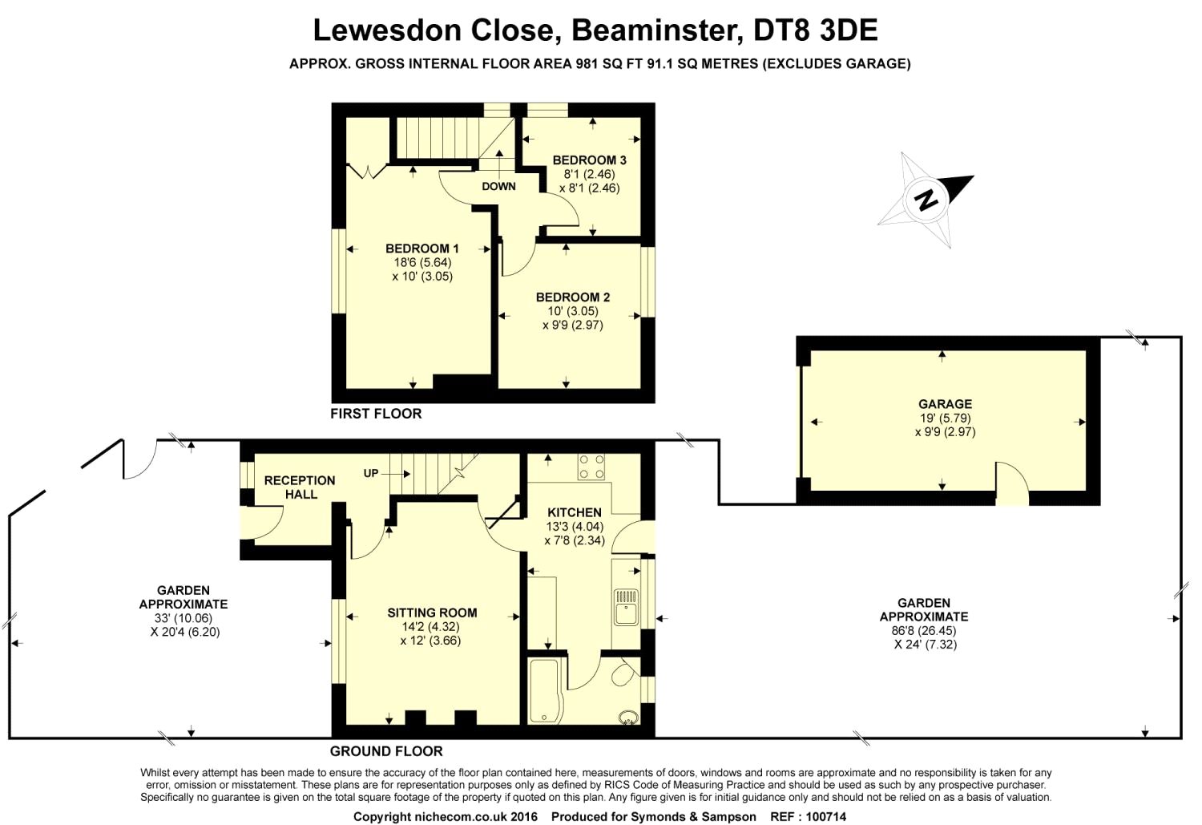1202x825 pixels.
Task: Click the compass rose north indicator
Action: click(926, 198)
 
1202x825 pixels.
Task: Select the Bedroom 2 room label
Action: click(573, 297)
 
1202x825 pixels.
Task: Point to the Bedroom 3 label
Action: click(589, 160)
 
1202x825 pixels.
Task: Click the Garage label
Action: click(945, 404)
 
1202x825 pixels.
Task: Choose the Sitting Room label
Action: click(432, 613)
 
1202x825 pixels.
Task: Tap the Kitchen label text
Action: click(574, 513)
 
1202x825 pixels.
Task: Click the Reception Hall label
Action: click(300, 487)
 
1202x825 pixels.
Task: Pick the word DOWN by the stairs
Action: click(498, 187)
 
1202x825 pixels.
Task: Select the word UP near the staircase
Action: click(371, 473)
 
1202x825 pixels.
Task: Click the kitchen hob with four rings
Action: click(592, 467)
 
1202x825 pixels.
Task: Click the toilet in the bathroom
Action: click(623, 675)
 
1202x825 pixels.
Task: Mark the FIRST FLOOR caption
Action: click(376, 414)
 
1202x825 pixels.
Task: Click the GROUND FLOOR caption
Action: click(386, 751)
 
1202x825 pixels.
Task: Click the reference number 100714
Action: click(821, 816)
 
